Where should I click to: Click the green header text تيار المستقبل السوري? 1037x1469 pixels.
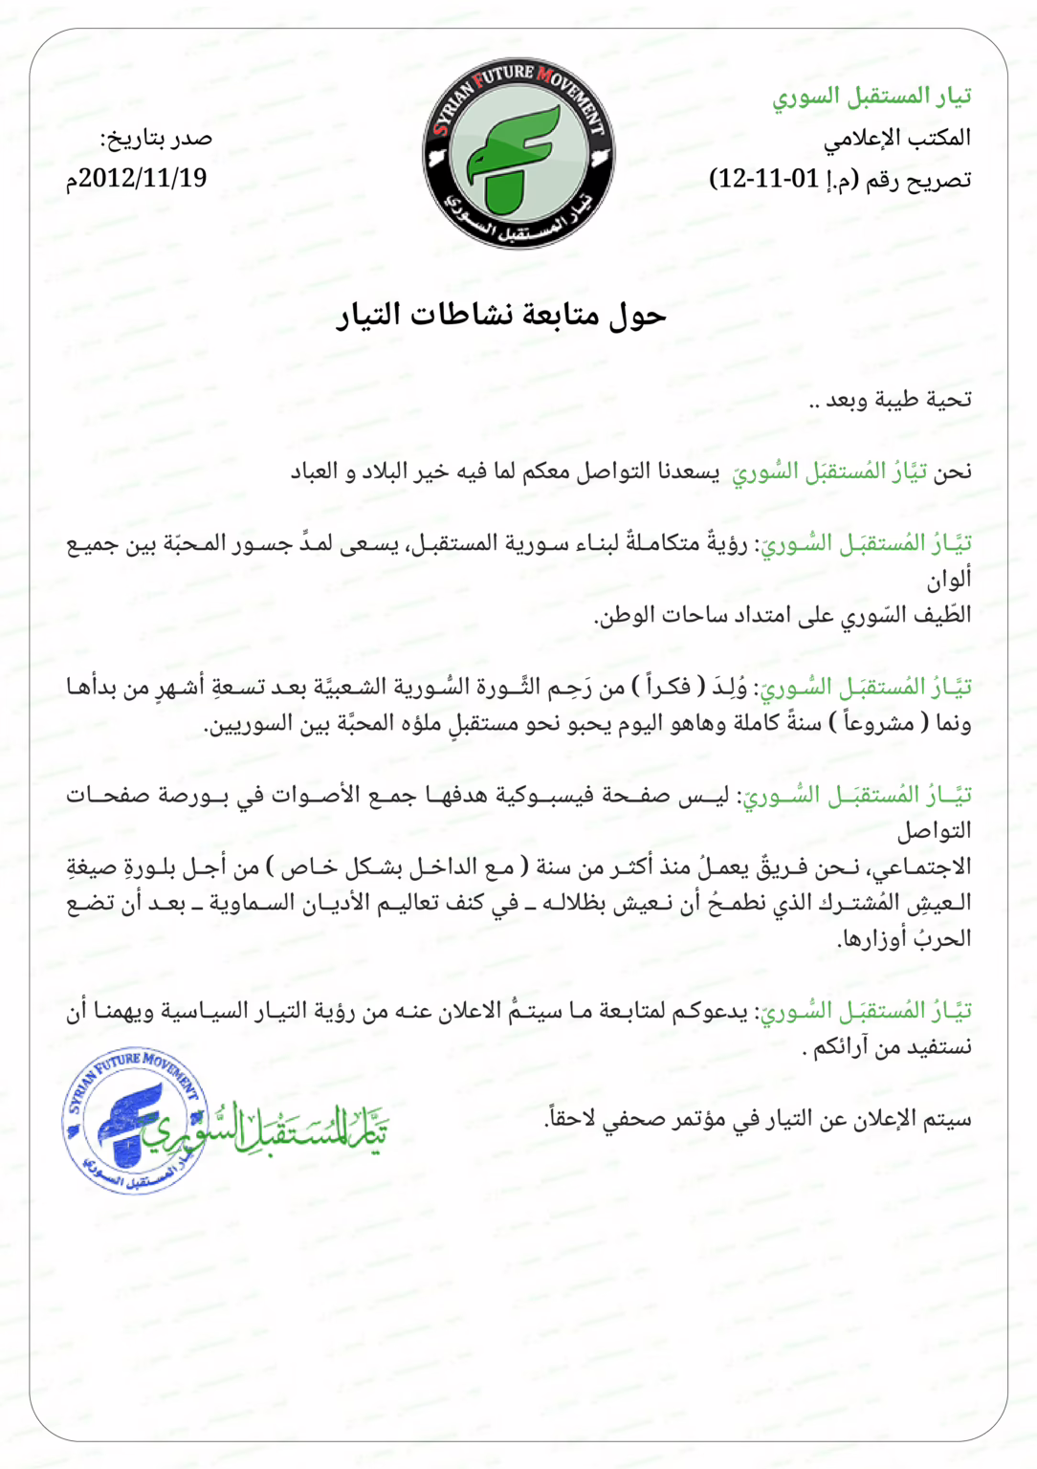(x=872, y=96)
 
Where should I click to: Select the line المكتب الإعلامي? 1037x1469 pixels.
(x=896, y=138)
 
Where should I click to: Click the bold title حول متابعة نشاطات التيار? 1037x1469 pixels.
(x=501, y=315)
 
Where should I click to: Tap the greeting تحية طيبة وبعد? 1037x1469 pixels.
(x=890, y=400)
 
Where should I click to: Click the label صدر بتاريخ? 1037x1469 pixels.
(x=156, y=139)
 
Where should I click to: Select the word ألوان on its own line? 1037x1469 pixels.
(x=948, y=580)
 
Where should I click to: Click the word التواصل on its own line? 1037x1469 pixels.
(x=934, y=831)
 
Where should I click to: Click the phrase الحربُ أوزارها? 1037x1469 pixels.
(x=903, y=938)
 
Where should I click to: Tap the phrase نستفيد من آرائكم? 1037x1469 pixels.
(x=890, y=1047)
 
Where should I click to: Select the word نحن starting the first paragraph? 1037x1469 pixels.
(x=952, y=471)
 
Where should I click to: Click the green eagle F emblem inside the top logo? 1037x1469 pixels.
(x=513, y=158)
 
